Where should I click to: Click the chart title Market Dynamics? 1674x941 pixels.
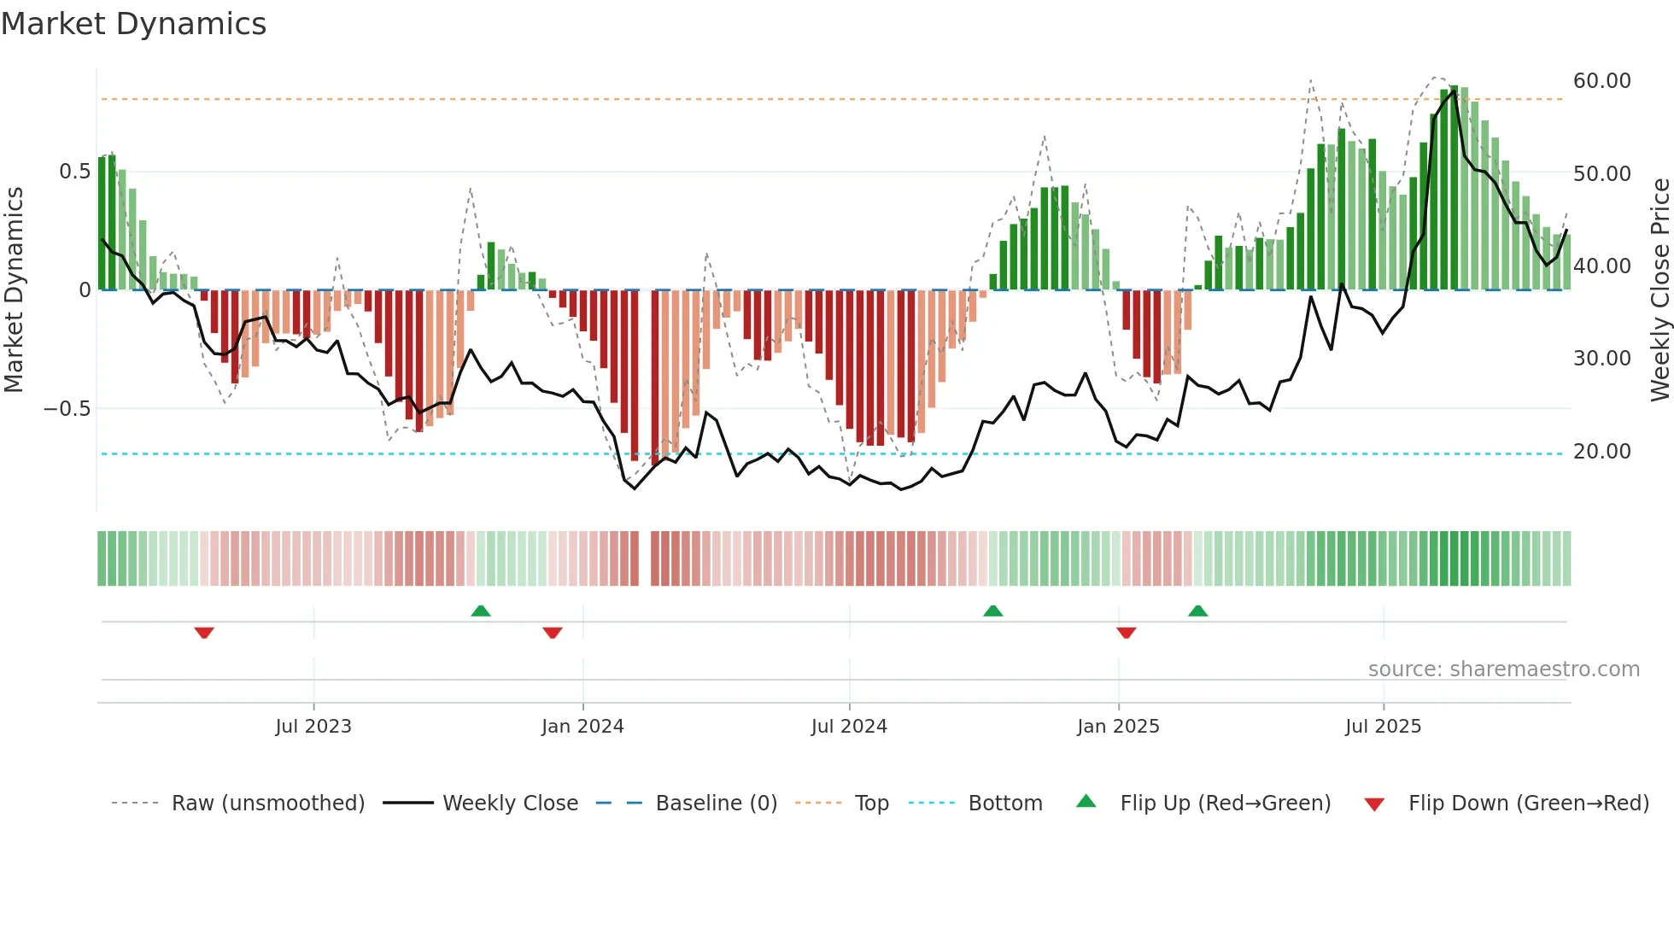pyautogui.click(x=134, y=24)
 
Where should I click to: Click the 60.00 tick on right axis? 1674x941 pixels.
pyautogui.click(x=1601, y=81)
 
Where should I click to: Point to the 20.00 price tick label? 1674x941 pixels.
pyautogui.click(x=1601, y=452)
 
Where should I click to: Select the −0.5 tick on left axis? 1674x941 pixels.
pyautogui.click(x=67, y=409)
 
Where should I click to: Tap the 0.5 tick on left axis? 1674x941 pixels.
pyautogui.click(x=74, y=172)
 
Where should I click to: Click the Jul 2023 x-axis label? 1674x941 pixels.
pyautogui.click(x=313, y=727)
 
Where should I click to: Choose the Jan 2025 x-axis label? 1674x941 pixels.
pyautogui.click(x=1118, y=727)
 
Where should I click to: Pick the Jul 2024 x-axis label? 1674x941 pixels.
pyautogui.click(x=849, y=727)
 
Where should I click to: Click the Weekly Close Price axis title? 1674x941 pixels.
pyautogui.click(x=1659, y=289)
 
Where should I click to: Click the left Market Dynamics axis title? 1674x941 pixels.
pyautogui.click(x=14, y=289)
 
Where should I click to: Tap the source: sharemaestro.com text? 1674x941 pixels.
pyautogui.click(x=1503, y=669)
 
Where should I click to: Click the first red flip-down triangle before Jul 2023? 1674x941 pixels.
pyautogui.click(x=204, y=633)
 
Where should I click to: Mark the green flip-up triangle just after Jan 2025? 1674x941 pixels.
pyautogui.click(x=1198, y=611)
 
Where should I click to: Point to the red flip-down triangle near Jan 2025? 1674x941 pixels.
pyautogui.click(x=1127, y=633)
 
